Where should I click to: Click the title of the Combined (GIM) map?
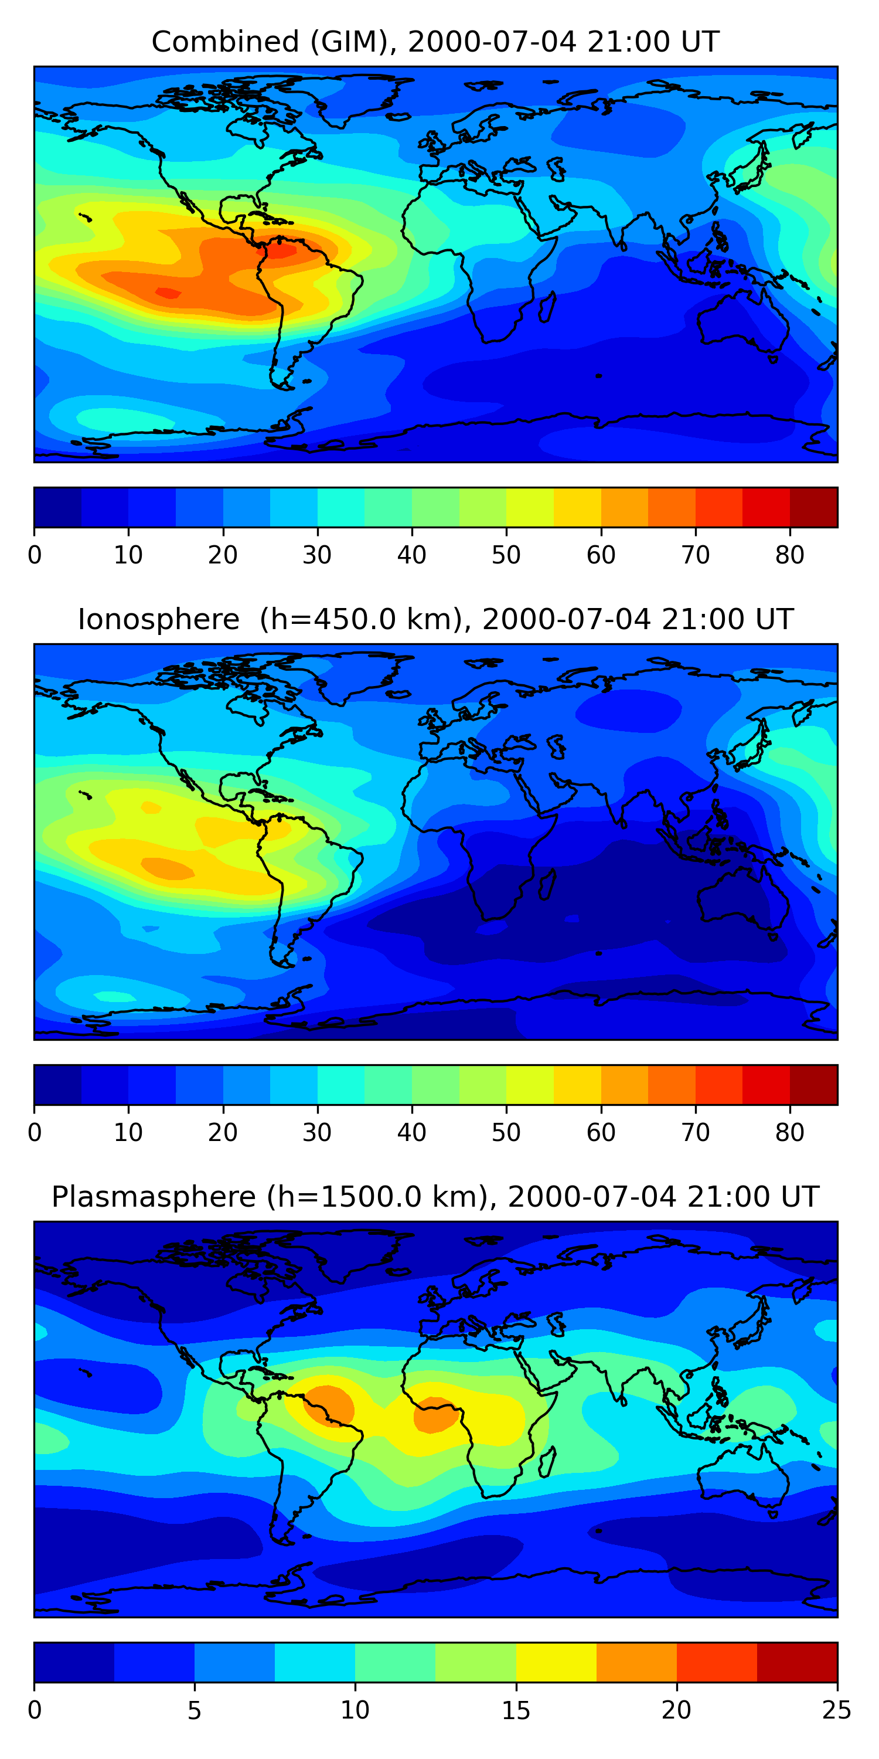[x=435, y=42]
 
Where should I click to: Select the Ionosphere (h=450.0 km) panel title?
[x=435, y=619]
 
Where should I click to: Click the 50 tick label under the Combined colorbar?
[x=506, y=555]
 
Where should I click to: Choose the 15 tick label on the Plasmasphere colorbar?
[x=516, y=1710]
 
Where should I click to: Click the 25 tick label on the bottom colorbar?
[x=837, y=1710]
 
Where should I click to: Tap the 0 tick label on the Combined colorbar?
[x=35, y=555]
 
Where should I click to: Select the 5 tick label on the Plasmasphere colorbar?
[x=195, y=1710]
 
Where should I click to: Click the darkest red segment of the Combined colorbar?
[x=813, y=507]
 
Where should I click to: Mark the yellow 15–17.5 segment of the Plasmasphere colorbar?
[x=556, y=1662]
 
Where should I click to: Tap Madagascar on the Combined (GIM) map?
[x=547, y=308]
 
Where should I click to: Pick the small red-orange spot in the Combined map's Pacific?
[x=168, y=293]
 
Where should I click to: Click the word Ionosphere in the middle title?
[x=158, y=619]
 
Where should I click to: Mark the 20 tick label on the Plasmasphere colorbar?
[x=676, y=1710]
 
